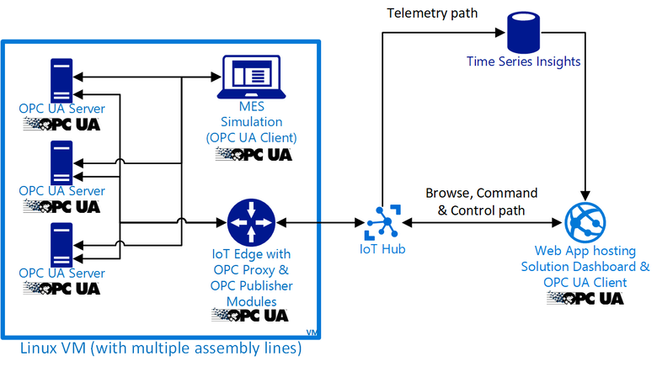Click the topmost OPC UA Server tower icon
pos(61,79)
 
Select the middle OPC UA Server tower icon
pos(61,162)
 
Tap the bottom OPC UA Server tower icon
pos(61,244)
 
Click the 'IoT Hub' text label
pos(382,250)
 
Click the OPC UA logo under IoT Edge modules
pos(250,315)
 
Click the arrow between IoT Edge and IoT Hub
pos(319,223)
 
